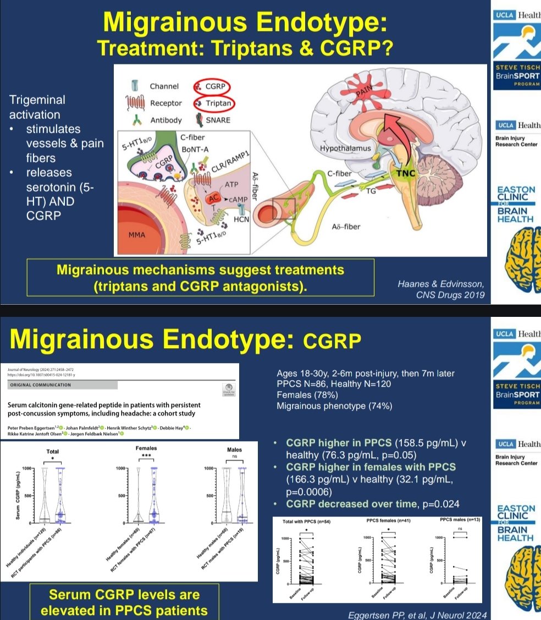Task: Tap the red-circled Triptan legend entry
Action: click(x=212, y=103)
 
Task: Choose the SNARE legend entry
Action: click(x=217, y=120)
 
